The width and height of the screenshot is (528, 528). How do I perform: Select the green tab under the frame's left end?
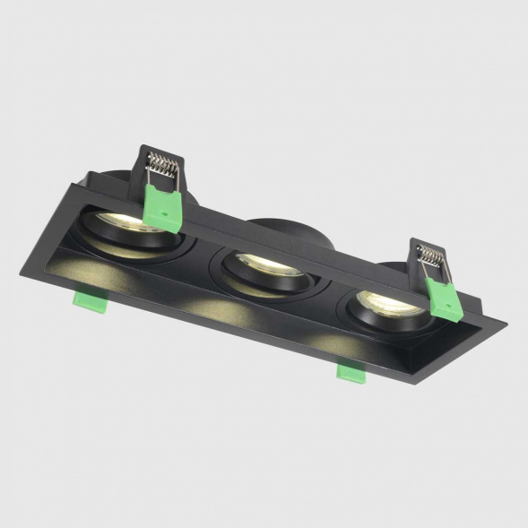91,301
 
